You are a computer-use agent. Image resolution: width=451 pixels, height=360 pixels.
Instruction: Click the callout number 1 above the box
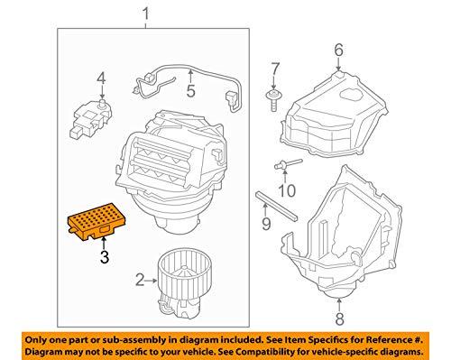145,14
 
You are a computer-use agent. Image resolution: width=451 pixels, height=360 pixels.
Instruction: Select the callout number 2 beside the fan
140,280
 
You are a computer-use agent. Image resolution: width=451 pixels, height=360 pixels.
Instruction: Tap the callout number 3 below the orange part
105,257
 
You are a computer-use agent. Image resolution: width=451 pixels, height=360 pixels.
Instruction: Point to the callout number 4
101,78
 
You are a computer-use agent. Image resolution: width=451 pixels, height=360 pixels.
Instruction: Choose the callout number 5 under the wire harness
190,91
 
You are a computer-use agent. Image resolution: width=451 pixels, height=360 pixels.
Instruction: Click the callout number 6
338,50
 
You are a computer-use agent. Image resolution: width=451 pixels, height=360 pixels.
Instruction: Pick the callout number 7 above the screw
275,69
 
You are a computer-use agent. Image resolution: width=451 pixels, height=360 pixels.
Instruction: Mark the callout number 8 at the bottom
339,319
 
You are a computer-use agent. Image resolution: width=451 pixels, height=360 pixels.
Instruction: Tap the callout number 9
266,224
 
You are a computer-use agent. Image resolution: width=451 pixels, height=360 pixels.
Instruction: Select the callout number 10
287,190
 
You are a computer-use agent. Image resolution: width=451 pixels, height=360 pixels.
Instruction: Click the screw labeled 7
273,100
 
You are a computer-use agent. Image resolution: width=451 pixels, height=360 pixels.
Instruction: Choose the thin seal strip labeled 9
276,206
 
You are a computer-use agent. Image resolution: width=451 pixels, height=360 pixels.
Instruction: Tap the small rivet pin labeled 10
288,164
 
